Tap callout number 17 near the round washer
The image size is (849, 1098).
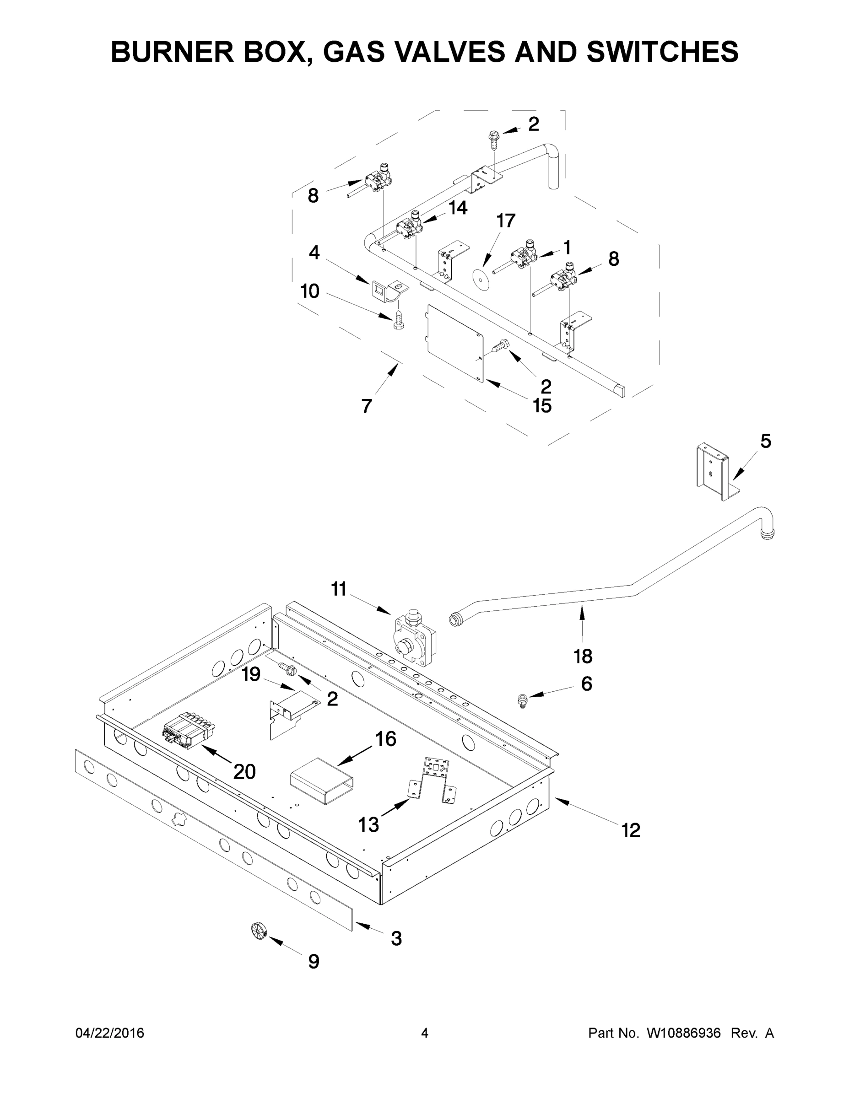tap(506, 220)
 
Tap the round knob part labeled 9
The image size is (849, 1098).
tap(258, 930)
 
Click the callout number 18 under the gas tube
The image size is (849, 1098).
tap(583, 656)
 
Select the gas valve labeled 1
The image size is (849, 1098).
tap(523, 258)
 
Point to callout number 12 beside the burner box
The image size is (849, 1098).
tap(631, 830)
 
